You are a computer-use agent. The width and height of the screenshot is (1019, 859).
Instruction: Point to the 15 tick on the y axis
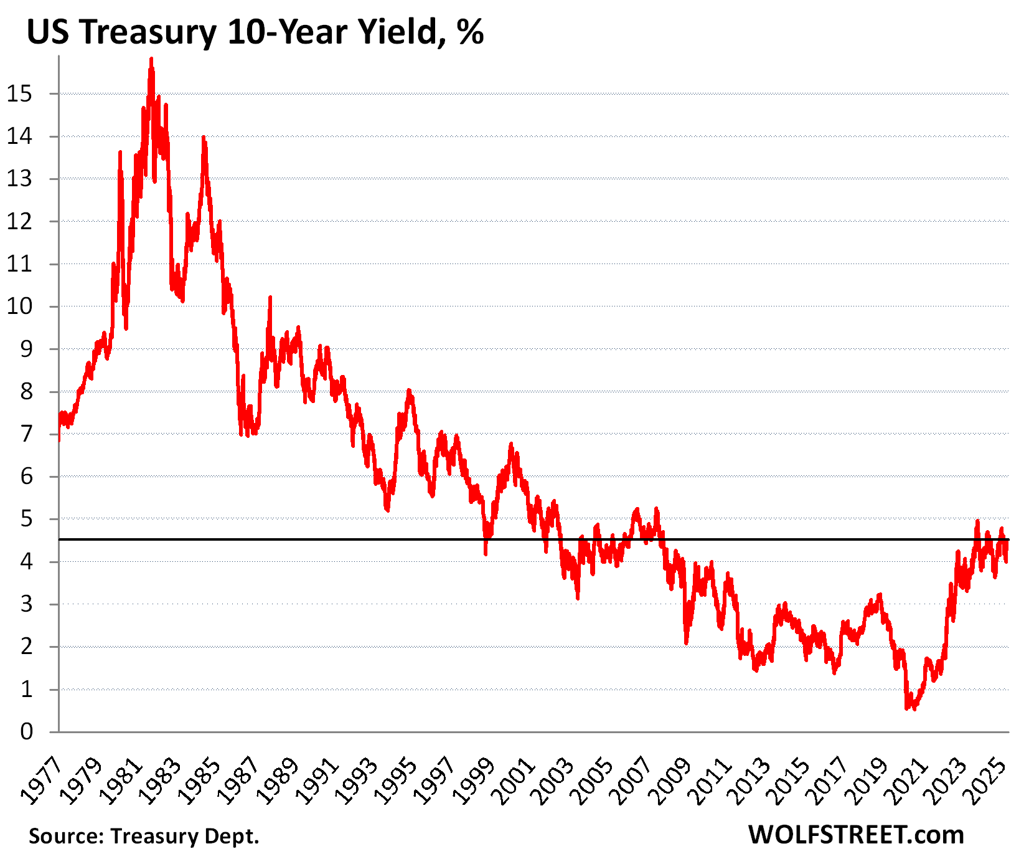19,94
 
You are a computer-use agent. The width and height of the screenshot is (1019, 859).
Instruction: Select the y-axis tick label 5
26,520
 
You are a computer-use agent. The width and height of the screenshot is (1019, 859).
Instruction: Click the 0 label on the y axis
26,732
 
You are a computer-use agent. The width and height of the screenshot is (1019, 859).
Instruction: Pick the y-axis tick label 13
19,179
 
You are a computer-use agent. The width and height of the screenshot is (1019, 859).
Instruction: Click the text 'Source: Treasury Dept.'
144,836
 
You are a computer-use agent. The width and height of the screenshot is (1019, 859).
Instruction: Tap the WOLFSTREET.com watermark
856,835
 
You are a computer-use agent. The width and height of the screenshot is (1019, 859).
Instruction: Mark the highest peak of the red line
151,59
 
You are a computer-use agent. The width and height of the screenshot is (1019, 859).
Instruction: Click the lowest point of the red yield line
908,708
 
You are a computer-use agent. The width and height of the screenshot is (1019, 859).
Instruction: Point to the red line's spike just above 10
270,298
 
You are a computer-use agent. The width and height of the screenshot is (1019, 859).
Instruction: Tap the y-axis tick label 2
26,647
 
